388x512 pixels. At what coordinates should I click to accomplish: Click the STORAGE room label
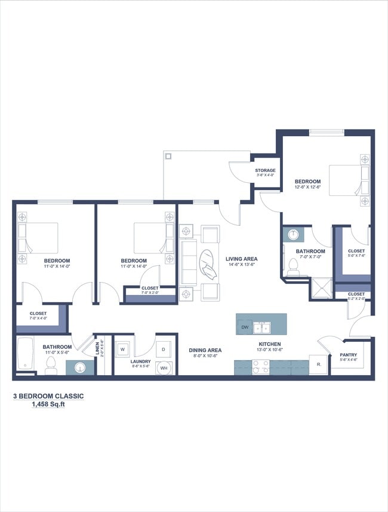tap(266, 170)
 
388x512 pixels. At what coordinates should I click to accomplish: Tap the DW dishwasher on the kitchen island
tap(245, 327)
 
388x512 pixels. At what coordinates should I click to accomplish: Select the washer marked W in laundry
tap(122, 348)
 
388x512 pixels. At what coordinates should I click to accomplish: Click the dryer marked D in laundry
tap(164, 348)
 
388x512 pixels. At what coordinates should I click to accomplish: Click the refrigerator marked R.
tap(317, 364)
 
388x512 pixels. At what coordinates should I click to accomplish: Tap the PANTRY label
tap(348, 355)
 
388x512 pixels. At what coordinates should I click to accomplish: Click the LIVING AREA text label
tap(241, 259)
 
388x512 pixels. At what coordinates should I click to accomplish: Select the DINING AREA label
tap(205, 350)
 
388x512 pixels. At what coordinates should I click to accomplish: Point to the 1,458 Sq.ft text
tap(48, 404)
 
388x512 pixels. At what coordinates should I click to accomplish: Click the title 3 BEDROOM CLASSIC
tap(48, 396)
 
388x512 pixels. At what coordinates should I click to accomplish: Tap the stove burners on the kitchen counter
tap(260, 366)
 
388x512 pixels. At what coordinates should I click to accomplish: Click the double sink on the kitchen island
tap(261, 327)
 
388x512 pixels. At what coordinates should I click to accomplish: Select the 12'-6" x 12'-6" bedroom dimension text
tap(307, 188)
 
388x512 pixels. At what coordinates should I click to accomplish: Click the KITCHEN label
tap(270, 344)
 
